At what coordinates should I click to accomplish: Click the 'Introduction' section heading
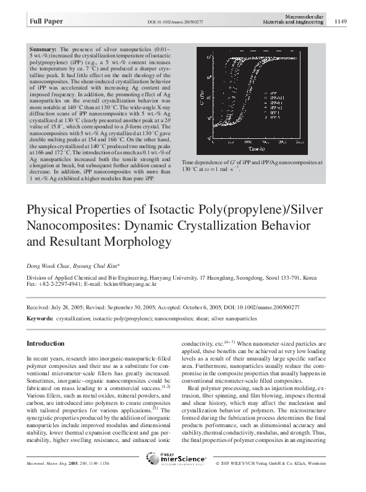pyautogui.click(x=45, y=343)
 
